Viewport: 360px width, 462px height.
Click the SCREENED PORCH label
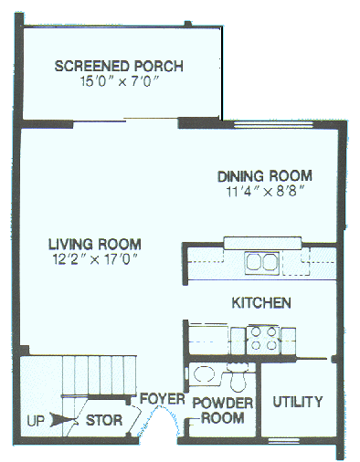pyautogui.click(x=119, y=66)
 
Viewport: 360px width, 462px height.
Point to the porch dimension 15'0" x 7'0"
pyautogui.click(x=119, y=81)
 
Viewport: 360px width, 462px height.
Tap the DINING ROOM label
pyautogui.click(x=264, y=175)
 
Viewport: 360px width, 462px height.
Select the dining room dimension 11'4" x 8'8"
pyautogui.click(x=264, y=192)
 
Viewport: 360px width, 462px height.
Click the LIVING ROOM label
pyautogui.click(x=94, y=244)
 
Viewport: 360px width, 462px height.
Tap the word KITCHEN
pyautogui.click(x=261, y=302)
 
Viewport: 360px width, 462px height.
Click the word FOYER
pyautogui.click(x=163, y=399)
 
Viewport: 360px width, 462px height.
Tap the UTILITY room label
pyautogui.click(x=298, y=402)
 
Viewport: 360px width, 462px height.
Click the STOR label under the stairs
pyautogui.click(x=100, y=422)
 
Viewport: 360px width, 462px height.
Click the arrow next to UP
pyautogui.click(x=62, y=421)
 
